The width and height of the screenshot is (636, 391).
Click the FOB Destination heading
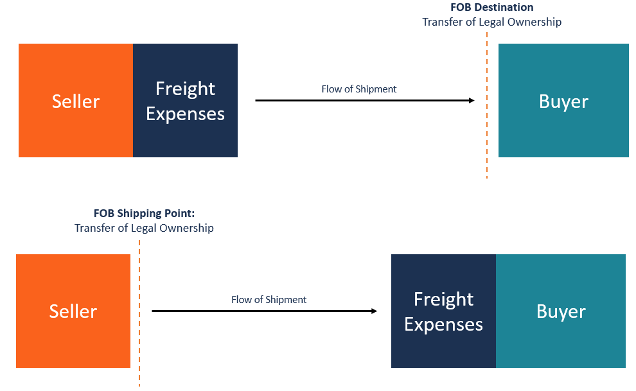[x=491, y=8]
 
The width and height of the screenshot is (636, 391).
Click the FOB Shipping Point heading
[x=144, y=214]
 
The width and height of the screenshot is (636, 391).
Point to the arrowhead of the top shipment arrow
[x=472, y=101]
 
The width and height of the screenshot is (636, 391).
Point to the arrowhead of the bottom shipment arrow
[x=374, y=311]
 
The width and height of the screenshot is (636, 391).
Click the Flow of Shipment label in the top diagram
[x=359, y=89]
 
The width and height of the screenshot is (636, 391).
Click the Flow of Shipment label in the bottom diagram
[x=269, y=300]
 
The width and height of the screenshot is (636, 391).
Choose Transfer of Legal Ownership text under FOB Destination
[x=491, y=22]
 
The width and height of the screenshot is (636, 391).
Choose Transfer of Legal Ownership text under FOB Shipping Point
[x=144, y=228]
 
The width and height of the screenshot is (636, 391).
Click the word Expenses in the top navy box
[x=185, y=114]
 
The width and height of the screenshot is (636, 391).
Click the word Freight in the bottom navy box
[x=443, y=299]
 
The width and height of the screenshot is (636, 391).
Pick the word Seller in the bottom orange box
[x=73, y=311]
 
